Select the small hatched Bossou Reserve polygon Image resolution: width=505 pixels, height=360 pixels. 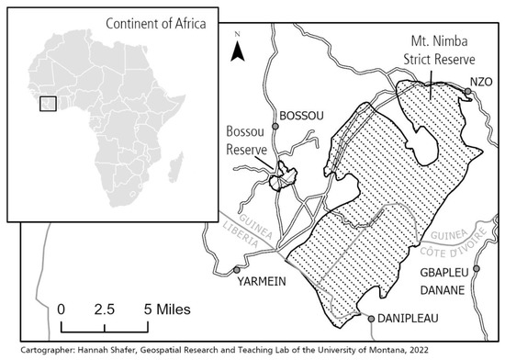[284, 175]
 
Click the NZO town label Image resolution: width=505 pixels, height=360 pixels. [483, 82]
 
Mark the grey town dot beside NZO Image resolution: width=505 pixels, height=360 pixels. [467, 92]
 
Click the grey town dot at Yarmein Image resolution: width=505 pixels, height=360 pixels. [238, 270]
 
